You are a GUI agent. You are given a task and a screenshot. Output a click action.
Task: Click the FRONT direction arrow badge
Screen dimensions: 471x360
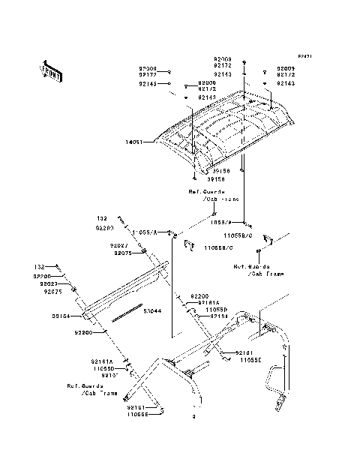point(51,69)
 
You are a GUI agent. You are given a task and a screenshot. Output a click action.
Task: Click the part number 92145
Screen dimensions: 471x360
point(147,84)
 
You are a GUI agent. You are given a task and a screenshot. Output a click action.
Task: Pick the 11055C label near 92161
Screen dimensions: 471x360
point(250,361)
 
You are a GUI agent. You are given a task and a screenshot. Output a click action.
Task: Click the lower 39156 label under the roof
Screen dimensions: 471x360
point(196,180)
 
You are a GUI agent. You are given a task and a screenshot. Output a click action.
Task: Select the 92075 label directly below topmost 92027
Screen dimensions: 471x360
point(123,253)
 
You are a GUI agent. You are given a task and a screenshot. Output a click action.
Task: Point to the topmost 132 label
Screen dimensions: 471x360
point(101,218)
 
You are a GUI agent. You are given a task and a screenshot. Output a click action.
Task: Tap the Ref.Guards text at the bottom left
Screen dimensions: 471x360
point(81,386)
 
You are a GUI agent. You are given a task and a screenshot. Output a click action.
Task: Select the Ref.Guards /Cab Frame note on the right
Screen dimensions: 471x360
point(258,270)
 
